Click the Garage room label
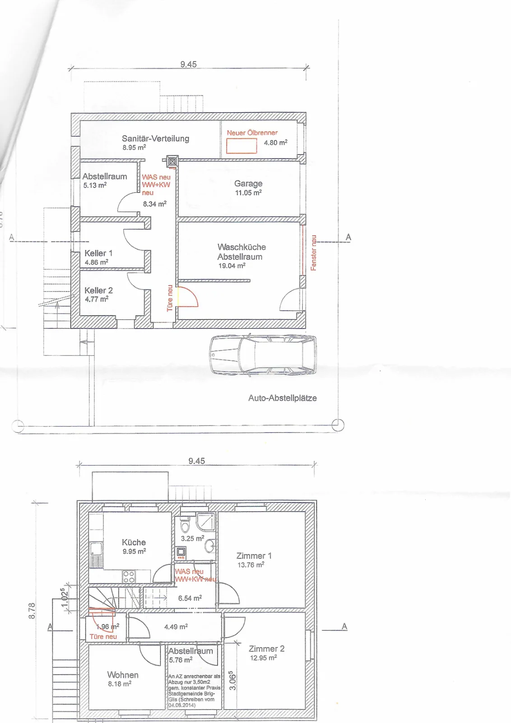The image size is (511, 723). pyautogui.click(x=248, y=183)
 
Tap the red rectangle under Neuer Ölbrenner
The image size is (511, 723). pyautogui.click(x=242, y=146)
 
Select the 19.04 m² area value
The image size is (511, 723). pyautogui.click(x=232, y=266)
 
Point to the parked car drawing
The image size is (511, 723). pyautogui.click(x=263, y=355)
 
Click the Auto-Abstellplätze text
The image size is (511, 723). pyautogui.click(x=283, y=398)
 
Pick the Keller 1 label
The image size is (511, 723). pyautogui.click(x=98, y=253)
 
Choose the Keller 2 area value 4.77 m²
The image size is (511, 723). pyautogui.click(x=97, y=299)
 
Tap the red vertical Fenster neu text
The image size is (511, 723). pyautogui.click(x=313, y=253)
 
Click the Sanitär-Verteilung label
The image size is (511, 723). pyautogui.click(x=155, y=138)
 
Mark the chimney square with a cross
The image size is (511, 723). pyautogui.click(x=172, y=161)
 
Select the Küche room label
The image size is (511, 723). pyautogui.click(x=134, y=542)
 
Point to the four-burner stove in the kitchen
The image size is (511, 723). pyautogui.click(x=129, y=577)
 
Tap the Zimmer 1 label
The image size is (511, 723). pyautogui.click(x=254, y=556)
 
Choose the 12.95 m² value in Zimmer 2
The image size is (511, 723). pyautogui.click(x=263, y=658)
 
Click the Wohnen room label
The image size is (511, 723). pyautogui.click(x=123, y=675)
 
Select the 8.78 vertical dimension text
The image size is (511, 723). pyautogui.click(x=32, y=610)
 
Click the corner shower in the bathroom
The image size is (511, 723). pyautogui.click(x=206, y=521)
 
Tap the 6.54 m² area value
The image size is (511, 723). pyautogui.click(x=190, y=598)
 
